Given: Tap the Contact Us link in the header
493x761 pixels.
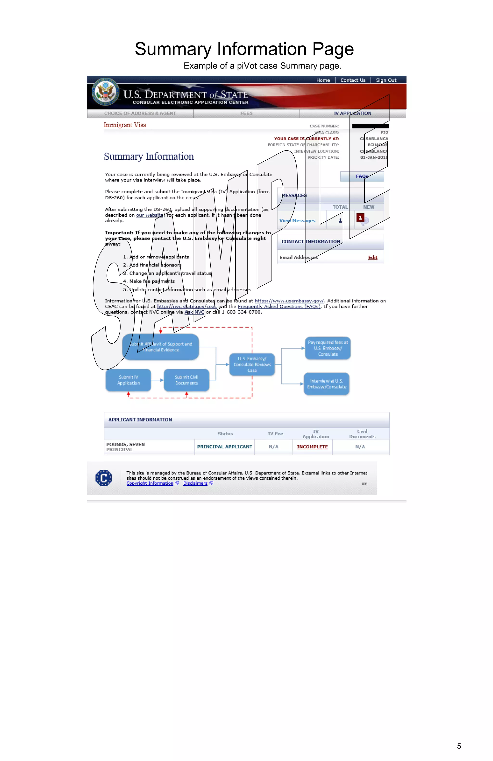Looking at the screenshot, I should click(353, 80).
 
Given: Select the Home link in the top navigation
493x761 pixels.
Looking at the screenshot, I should click(323, 80).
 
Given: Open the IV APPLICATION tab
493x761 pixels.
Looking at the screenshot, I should click(352, 113).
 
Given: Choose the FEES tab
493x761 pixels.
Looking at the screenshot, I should click(246, 113).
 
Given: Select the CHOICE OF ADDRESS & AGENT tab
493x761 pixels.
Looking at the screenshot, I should click(140, 113).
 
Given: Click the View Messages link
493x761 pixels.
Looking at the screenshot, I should click(297, 221).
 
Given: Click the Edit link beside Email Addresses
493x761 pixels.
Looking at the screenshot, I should click(373, 258).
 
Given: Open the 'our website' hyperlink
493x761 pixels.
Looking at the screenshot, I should click(150, 215).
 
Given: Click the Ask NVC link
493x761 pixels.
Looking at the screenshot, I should click(194, 312).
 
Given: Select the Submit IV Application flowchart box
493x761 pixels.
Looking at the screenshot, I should click(128, 380).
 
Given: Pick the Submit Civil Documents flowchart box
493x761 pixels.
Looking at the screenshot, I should click(186, 380).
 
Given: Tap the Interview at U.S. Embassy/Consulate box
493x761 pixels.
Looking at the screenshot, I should click(326, 384).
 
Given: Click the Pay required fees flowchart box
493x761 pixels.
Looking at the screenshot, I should click(328, 348).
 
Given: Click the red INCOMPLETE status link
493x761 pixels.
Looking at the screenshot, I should click(312, 447).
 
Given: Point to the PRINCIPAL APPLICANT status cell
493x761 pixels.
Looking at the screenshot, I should click(224, 447).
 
